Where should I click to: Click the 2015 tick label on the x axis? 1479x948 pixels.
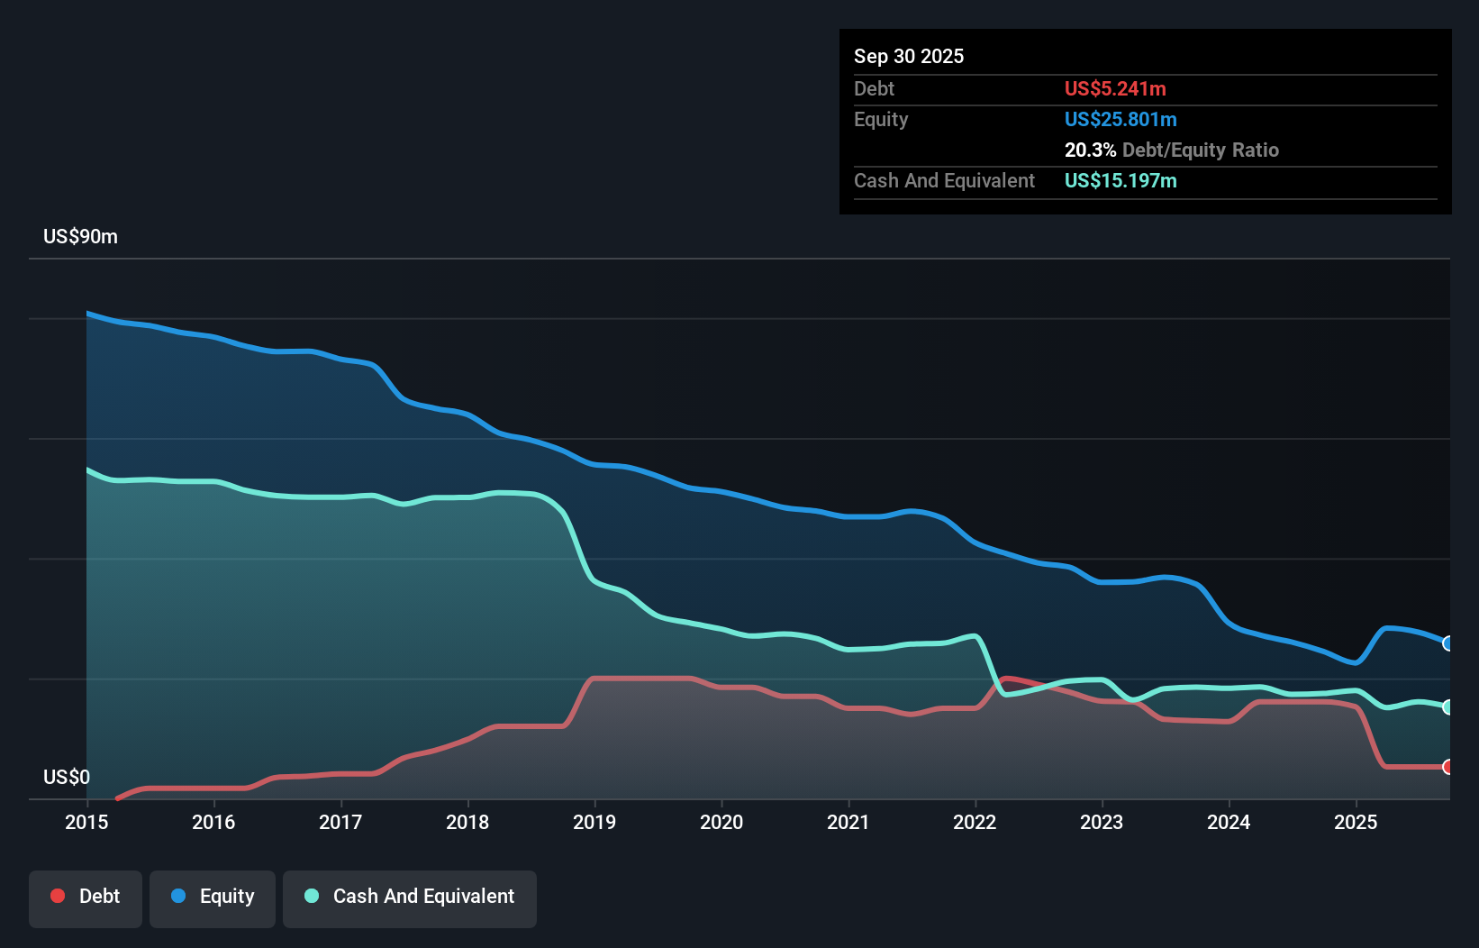pyautogui.click(x=86, y=822)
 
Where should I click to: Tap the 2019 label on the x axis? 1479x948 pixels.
pyautogui.click(x=594, y=822)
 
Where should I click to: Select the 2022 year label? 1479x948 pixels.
pyautogui.click(x=975, y=822)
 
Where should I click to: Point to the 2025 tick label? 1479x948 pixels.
pyautogui.click(x=1356, y=822)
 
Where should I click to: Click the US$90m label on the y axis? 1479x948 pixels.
pyautogui.click(x=80, y=236)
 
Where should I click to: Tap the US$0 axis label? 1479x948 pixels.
pyautogui.click(x=67, y=777)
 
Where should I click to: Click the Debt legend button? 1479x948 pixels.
pyautogui.click(x=86, y=897)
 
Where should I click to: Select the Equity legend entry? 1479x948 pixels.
pyautogui.click(x=213, y=897)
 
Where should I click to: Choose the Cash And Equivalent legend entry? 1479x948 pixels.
pyautogui.click(x=410, y=897)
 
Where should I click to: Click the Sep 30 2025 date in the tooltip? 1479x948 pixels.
pyautogui.click(x=909, y=56)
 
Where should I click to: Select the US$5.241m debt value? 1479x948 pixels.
pyautogui.click(x=1115, y=88)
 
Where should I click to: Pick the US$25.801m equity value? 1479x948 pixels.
pyautogui.click(x=1121, y=119)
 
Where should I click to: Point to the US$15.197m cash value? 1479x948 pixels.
pyautogui.click(x=1121, y=180)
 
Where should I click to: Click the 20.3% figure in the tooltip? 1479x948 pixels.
pyautogui.click(x=1090, y=150)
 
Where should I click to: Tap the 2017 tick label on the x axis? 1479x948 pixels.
pyautogui.click(x=340, y=822)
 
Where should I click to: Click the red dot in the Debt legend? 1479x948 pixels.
pyautogui.click(x=58, y=896)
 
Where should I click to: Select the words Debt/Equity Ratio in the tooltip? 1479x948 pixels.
pyautogui.click(x=1201, y=150)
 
